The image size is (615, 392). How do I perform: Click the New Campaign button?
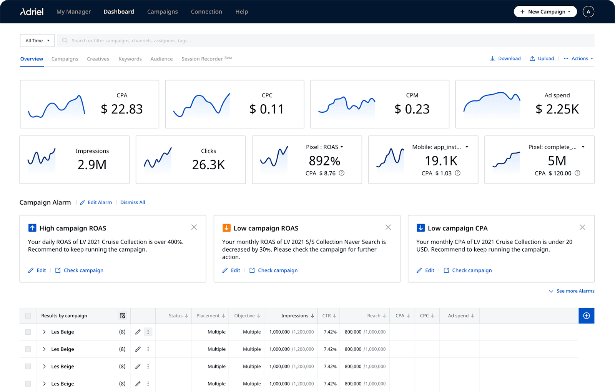click(x=545, y=12)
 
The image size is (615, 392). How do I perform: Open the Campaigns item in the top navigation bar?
click(x=162, y=12)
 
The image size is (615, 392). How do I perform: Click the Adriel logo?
click(x=32, y=12)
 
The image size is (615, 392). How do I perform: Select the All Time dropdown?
click(x=37, y=40)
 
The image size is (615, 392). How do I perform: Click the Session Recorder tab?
click(x=203, y=59)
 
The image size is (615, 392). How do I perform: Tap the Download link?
click(x=505, y=58)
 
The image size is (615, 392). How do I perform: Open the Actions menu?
click(x=579, y=58)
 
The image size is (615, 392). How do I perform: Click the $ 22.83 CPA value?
click(x=121, y=109)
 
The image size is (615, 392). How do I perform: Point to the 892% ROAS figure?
click(x=324, y=161)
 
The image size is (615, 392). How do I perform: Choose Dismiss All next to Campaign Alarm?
click(x=133, y=202)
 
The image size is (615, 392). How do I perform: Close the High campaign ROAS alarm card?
click(x=194, y=227)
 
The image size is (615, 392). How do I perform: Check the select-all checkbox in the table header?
click(x=28, y=316)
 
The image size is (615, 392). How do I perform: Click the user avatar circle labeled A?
click(x=588, y=12)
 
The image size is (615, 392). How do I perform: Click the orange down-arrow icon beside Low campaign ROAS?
click(x=226, y=228)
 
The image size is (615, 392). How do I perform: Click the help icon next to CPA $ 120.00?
click(x=577, y=173)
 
